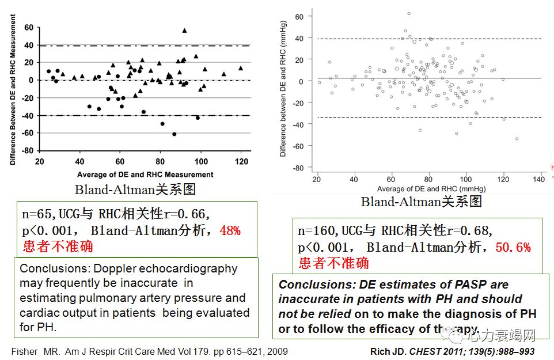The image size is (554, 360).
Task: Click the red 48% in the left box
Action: click(230, 230)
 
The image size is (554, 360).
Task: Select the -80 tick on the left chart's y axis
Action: click(28, 151)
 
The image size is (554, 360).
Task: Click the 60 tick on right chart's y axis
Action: click(299, 17)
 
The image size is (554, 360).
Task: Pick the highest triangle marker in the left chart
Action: click(184, 31)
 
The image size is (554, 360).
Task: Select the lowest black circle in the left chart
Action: click(174, 134)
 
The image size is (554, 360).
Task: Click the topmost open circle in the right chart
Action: click(408, 13)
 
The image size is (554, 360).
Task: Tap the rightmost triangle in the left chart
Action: click(241, 68)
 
